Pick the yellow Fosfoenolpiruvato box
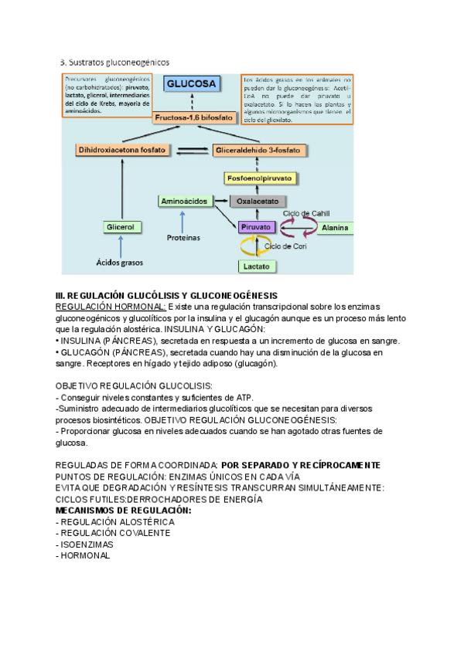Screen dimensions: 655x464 click(x=259, y=178)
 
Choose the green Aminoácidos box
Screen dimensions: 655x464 click(x=183, y=201)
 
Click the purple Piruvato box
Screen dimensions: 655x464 click(x=256, y=227)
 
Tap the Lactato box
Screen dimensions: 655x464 click(x=256, y=266)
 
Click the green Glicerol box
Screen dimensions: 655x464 click(x=120, y=227)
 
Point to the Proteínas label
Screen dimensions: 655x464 click(x=183, y=238)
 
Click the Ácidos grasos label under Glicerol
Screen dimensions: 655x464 click(x=120, y=263)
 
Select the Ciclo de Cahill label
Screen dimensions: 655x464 click(x=306, y=212)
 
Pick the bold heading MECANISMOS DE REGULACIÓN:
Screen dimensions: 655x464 click(x=124, y=511)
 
